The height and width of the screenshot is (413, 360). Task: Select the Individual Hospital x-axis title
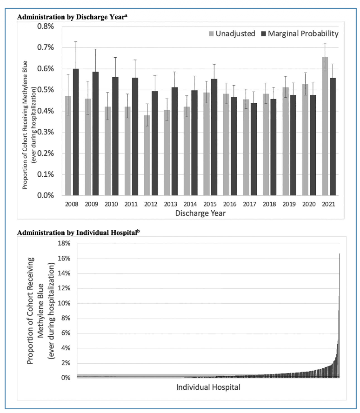[x=208, y=387]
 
